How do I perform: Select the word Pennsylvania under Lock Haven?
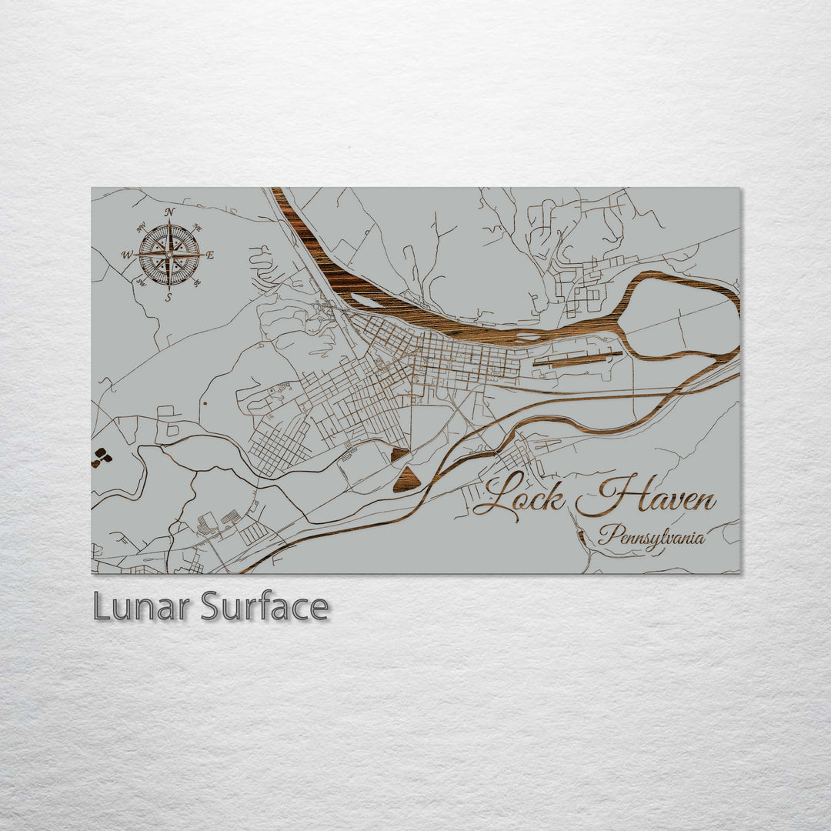[651, 536]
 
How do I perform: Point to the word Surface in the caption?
[265, 606]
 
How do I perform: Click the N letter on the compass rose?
[169, 212]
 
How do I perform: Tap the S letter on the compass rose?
[169, 297]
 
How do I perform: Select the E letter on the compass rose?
[210, 255]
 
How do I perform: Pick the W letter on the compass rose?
[127, 255]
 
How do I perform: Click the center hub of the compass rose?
[169, 254]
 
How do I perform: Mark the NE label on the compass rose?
[198, 228]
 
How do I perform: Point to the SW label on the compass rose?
[141, 282]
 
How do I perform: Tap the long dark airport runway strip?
[577, 358]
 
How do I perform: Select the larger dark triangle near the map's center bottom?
[405, 480]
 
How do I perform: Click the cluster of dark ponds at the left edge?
[101, 457]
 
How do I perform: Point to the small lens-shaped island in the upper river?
[367, 301]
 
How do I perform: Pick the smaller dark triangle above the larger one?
[399, 455]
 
